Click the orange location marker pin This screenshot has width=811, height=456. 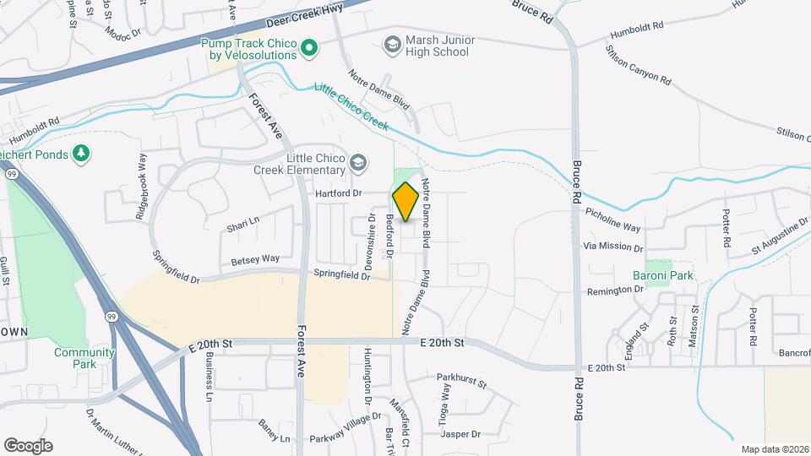coord(405,202)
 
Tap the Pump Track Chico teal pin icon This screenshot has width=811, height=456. coord(309,47)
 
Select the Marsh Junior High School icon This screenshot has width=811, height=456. coord(392,43)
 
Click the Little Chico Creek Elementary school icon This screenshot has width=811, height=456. coord(358,162)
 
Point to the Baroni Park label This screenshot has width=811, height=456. coord(663,275)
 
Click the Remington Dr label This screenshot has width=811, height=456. coord(615,290)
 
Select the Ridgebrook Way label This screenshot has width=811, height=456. coord(141,187)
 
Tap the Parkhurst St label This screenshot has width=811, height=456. coord(461,382)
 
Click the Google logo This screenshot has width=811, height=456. coord(28,446)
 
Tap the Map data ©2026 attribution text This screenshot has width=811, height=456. coord(774,448)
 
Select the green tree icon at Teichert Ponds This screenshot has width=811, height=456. coord(81,153)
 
